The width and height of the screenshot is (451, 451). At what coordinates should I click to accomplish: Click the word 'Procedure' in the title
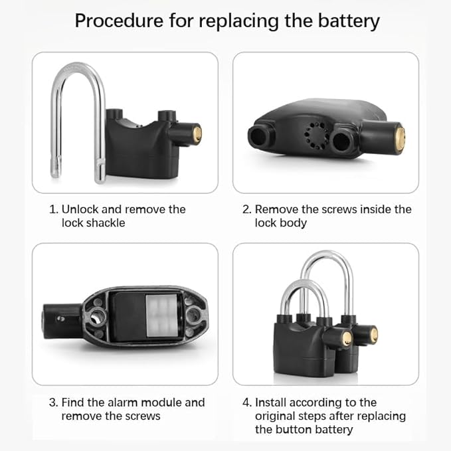click(118, 21)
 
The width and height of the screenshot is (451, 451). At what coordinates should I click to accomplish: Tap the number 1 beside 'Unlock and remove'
click(53, 209)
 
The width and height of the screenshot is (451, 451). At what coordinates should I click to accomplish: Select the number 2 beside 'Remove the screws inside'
click(246, 209)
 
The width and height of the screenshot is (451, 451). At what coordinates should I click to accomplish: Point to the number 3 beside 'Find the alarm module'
click(53, 403)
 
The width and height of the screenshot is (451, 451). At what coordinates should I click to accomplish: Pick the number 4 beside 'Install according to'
click(246, 403)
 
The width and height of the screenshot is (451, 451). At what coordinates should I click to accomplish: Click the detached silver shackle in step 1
click(78, 120)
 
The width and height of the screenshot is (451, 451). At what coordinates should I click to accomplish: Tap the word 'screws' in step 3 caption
click(142, 416)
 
